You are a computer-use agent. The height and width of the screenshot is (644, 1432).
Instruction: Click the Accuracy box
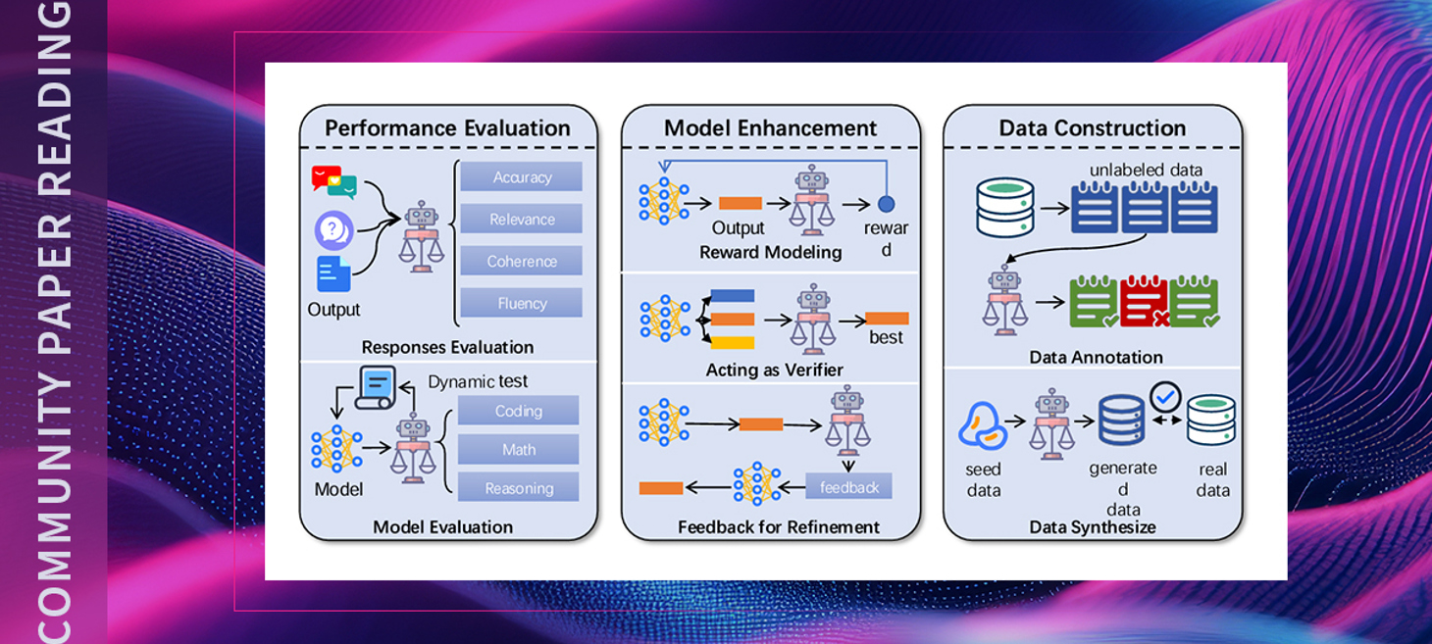pos(521,176)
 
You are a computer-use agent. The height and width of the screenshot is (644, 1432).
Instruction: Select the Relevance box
pos(521,219)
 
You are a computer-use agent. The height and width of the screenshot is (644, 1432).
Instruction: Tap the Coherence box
pos(521,261)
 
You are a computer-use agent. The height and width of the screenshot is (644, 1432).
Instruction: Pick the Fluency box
pos(521,303)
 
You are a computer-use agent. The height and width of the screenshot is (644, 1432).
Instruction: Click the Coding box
pos(518,411)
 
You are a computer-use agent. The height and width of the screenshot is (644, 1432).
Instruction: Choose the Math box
pos(518,449)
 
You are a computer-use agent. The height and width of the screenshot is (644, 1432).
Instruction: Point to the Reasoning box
pos(518,487)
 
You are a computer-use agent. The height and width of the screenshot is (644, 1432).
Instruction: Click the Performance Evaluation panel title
pos(447,128)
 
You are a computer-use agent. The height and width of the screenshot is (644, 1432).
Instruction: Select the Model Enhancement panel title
pos(770,128)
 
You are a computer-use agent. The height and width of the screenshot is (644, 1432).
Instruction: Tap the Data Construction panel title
pos(1092,128)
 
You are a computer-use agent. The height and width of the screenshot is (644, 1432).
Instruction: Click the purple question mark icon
pos(333,231)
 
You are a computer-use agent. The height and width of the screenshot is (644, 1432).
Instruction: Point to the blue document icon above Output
pos(333,273)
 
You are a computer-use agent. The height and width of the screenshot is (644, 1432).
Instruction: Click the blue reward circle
pos(886,204)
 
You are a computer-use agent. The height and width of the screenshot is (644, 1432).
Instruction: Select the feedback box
pos(848,487)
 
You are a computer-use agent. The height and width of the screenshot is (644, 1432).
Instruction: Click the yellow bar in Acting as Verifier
pos(732,342)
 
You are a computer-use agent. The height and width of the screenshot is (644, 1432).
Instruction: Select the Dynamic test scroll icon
pos(376,386)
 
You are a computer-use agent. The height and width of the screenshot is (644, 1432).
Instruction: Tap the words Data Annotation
pos(1096,358)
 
